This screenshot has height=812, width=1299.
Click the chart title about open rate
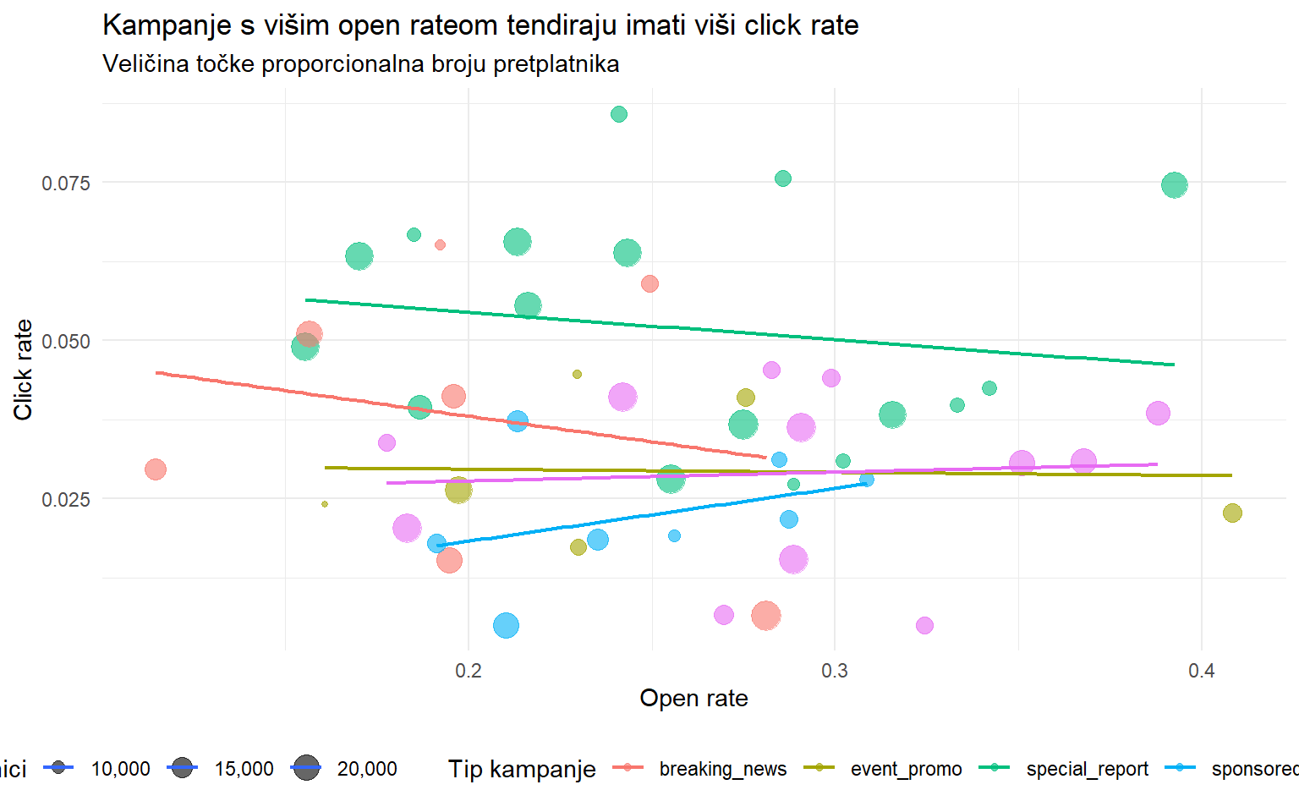480,25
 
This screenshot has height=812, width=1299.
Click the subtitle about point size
360,64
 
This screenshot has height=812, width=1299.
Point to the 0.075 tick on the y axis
66,183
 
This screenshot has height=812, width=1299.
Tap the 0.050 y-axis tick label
66,341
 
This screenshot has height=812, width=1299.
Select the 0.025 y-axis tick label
66,499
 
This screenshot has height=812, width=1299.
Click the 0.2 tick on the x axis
469,671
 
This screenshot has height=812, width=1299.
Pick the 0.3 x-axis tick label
835,671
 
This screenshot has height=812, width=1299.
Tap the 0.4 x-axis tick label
1201,671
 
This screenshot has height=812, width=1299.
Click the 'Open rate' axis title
693,699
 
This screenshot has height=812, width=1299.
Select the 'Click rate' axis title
23,370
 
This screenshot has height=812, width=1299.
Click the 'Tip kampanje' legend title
522,769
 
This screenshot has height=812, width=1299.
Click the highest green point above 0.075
619,114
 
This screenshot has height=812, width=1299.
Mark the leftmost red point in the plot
156,469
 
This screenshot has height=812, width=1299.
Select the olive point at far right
1232,513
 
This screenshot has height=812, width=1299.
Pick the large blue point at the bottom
506,626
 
